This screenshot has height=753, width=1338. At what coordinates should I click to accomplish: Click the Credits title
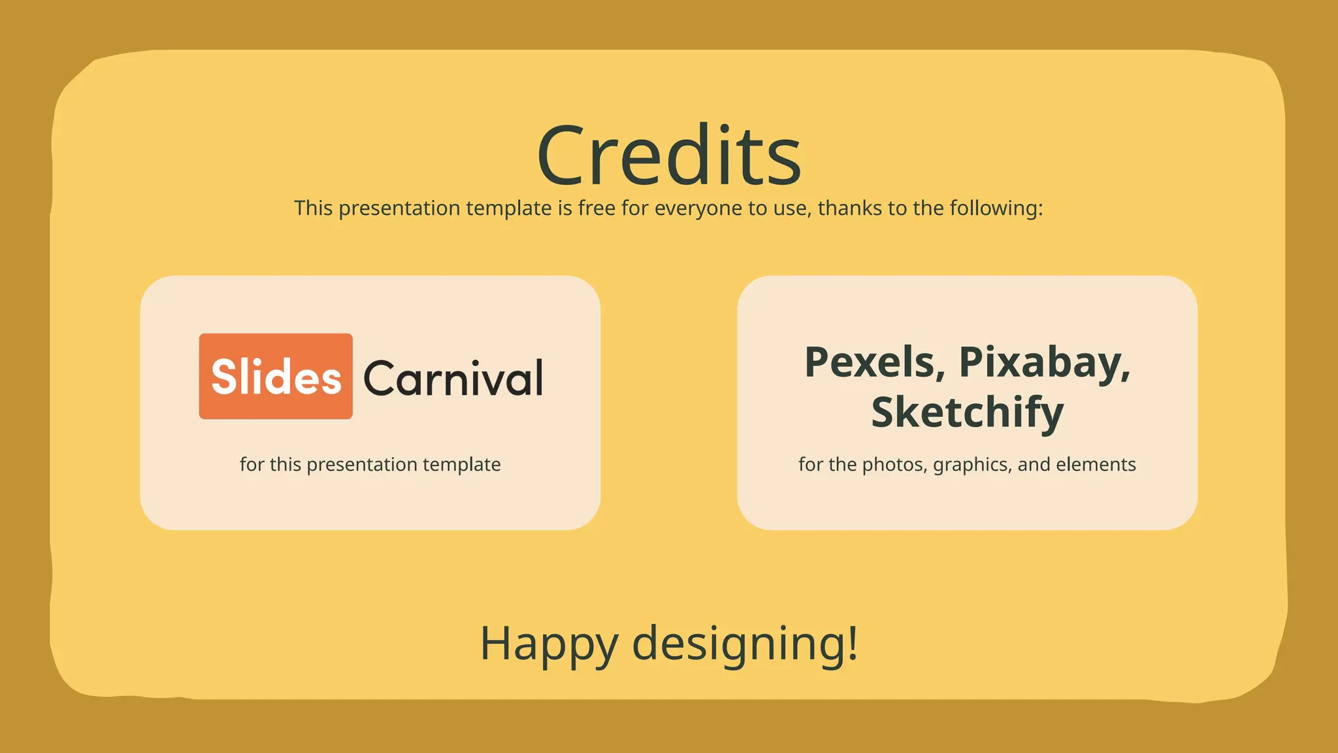[669, 156]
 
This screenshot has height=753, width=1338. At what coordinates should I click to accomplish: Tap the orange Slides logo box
[276, 376]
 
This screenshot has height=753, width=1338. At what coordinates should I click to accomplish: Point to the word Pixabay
[1044, 362]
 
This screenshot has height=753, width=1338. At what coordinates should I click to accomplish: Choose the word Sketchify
[968, 412]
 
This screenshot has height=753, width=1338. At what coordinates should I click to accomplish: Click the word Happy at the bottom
[548, 644]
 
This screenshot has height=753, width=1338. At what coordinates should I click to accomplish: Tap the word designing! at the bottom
[745, 644]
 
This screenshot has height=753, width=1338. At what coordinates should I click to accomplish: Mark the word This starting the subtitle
[314, 208]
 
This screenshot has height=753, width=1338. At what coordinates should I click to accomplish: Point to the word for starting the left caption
[252, 464]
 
